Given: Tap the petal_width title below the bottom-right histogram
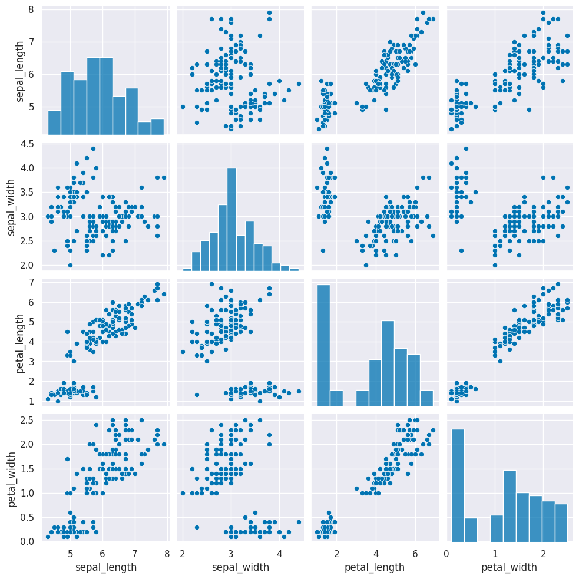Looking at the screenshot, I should coord(509,567).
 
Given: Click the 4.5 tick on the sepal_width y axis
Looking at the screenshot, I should coord(26,144).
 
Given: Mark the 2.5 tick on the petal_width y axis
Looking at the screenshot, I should coord(26,420).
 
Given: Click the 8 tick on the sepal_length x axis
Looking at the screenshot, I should coord(167,554).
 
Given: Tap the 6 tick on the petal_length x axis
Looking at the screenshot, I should coord(415,554).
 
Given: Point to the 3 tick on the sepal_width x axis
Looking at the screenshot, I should coord(231,554).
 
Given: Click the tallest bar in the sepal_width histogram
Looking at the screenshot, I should coord(231,220).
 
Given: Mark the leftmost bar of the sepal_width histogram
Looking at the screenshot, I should coord(187,270).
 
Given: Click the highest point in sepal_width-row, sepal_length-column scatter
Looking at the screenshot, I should coord(93,148).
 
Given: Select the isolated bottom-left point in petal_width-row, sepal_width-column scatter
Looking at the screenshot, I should coord(197,527).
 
